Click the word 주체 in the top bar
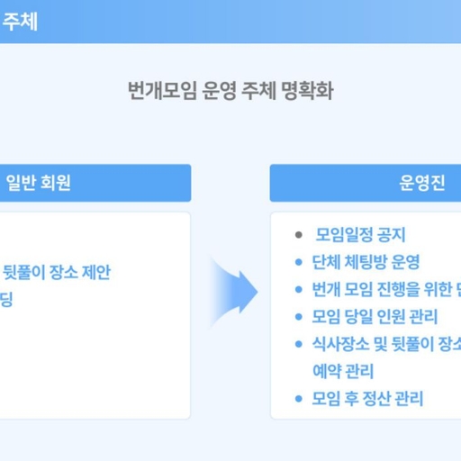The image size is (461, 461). coord(19,21)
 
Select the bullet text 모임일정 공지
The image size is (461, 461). coord(361,236)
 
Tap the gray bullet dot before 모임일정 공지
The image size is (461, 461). coord(299,236)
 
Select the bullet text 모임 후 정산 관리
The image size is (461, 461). coord(367,398)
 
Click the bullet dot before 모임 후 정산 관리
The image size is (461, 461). coord(299,398)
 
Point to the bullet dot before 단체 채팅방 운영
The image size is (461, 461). coord(299,263)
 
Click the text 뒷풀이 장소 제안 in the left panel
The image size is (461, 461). coord(62,271)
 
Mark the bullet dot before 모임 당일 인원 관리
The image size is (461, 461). coord(299,317)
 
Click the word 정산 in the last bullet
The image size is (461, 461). coord(375,398)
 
